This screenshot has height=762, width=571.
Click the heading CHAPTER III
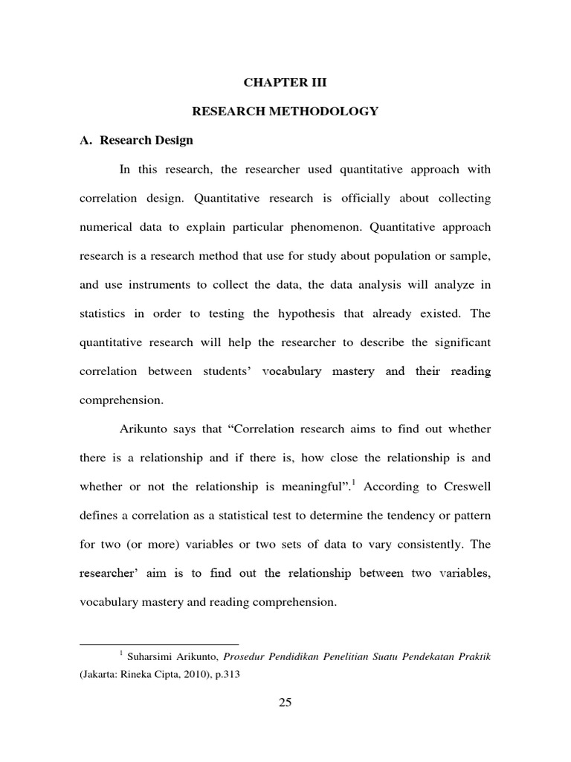coord(285,83)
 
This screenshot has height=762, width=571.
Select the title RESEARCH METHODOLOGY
coord(285,112)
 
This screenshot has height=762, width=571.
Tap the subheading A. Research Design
coord(136,140)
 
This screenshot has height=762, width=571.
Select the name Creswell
coord(465,487)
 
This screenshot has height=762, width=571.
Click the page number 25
coord(285,705)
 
